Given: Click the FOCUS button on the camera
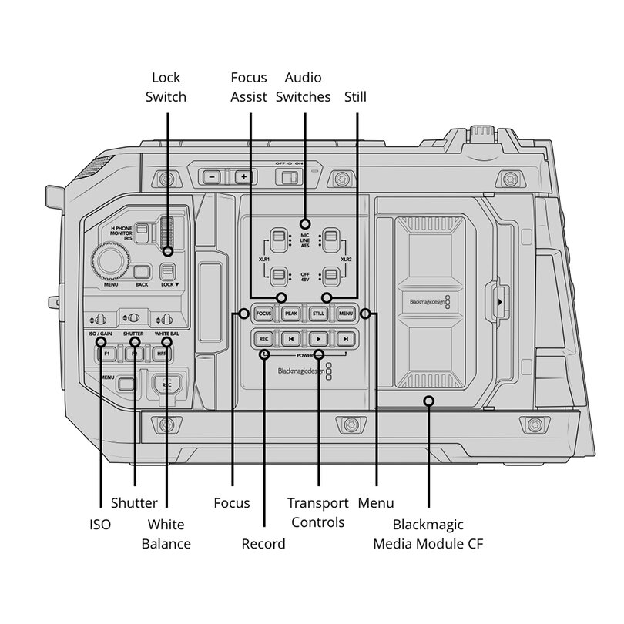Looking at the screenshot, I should (x=264, y=314).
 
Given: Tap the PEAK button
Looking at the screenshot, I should (x=290, y=314).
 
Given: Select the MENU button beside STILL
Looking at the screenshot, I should (x=344, y=314).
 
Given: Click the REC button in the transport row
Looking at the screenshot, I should (x=263, y=338).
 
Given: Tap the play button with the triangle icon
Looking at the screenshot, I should (x=317, y=338).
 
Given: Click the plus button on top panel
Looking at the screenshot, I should (x=244, y=176).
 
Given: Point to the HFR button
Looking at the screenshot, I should (x=162, y=354).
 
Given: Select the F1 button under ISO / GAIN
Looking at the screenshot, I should (x=108, y=354).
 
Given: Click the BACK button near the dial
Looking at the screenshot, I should (x=143, y=271).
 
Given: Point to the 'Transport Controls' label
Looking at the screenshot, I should (x=317, y=512).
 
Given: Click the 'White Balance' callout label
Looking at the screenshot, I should (x=166, y=534).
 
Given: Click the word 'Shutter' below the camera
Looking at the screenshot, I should (x=134, y=503).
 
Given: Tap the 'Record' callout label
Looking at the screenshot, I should (x=263, y=544).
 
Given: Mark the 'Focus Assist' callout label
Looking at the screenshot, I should (x=249, y=87).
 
